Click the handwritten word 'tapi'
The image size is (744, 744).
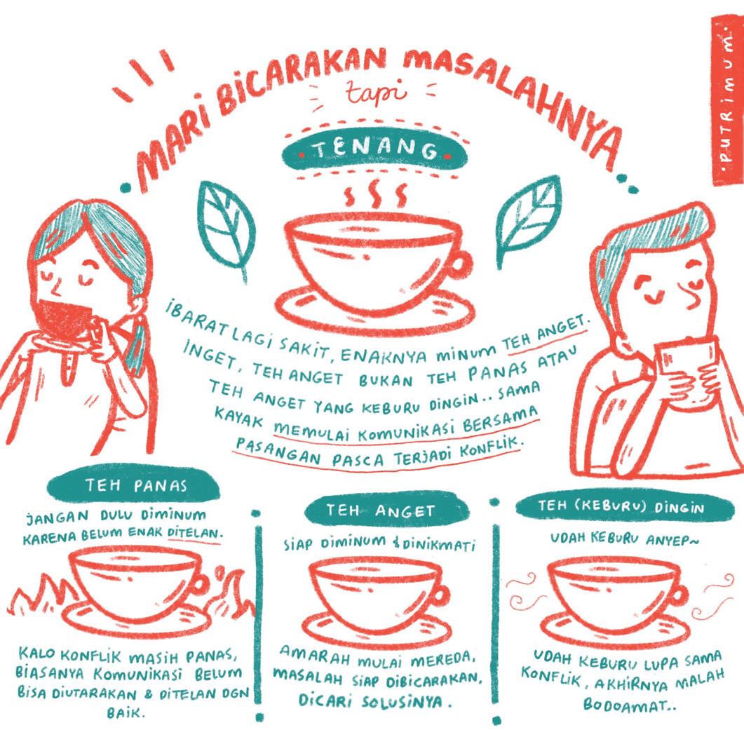[376, 93]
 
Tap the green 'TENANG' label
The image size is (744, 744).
[375, 151]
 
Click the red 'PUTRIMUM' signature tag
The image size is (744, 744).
[727, 101]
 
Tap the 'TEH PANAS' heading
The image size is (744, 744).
[136, 485]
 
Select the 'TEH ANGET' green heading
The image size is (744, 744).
[380, 510]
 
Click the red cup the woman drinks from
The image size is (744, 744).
[65, 318]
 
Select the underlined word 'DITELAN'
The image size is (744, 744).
[194, 532]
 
